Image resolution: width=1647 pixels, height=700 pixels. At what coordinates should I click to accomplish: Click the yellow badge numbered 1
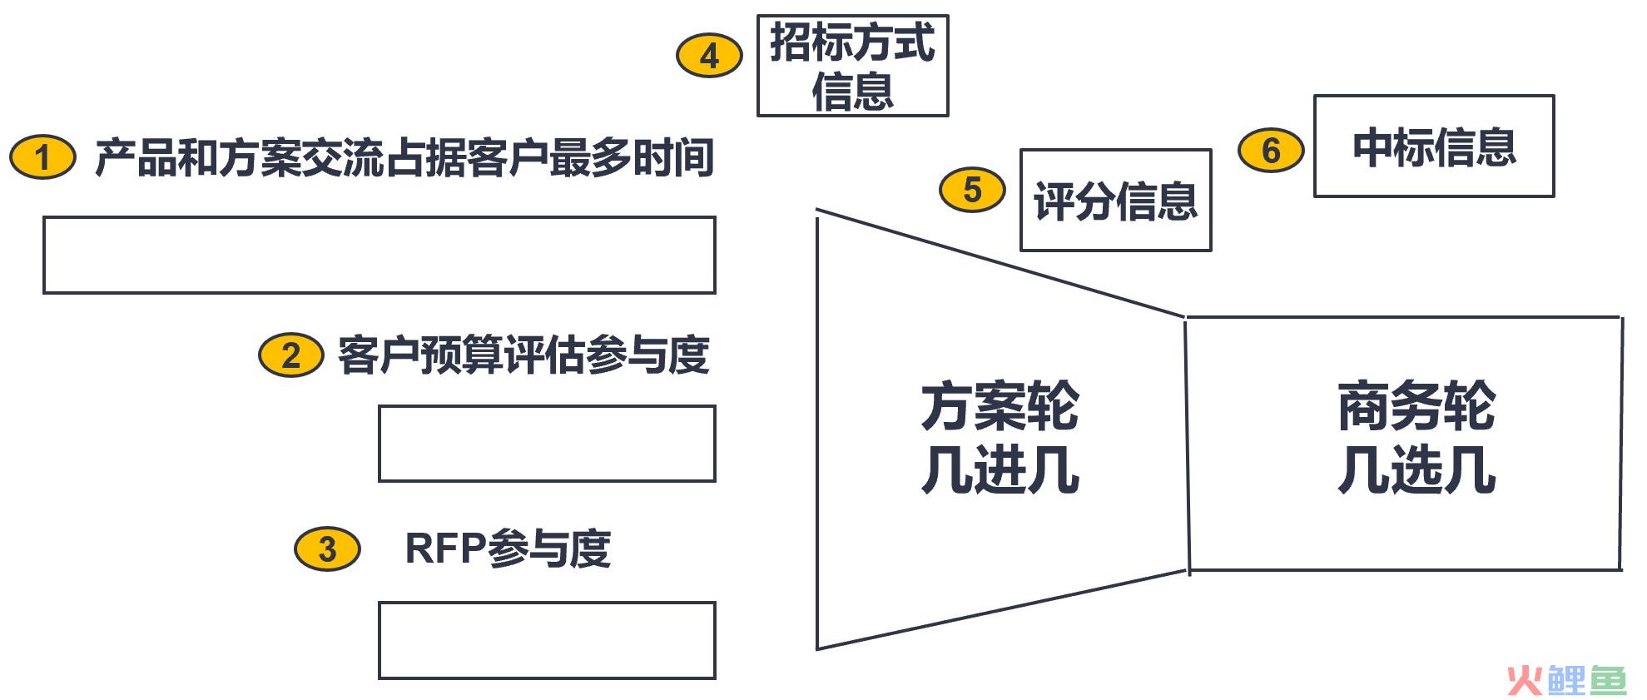point(42,157)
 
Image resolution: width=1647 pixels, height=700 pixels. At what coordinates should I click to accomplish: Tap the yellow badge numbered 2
point(290,355)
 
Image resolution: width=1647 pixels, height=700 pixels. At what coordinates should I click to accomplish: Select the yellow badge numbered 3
point(327,549)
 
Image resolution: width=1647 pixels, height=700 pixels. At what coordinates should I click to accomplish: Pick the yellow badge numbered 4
point(709,56)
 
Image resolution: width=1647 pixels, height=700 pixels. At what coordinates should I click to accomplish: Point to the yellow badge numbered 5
point(972,190)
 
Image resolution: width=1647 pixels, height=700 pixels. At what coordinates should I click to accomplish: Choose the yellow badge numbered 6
point(1271,151)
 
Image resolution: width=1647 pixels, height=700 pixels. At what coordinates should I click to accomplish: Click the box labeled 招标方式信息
point(852,65)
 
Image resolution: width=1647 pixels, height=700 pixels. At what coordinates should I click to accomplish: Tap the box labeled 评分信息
point(1115,200)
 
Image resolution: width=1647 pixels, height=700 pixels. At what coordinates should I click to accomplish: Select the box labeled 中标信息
point(1434,146)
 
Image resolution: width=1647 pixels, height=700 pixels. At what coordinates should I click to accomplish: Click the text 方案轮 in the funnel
point(1000,406)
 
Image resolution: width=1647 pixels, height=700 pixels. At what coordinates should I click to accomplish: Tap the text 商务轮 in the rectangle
point(1416,406)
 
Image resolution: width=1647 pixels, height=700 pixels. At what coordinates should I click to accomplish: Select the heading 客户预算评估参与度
point(523,355)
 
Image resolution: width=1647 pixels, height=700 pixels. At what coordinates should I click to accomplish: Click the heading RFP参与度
point(508,549)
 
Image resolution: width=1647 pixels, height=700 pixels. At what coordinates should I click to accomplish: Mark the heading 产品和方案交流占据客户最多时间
point(404,157)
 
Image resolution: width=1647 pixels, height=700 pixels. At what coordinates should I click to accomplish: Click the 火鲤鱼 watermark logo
point(1566,680)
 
